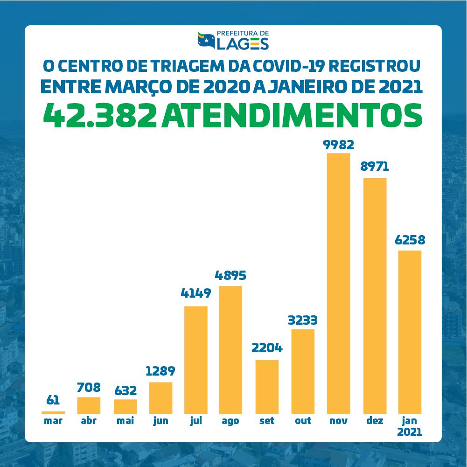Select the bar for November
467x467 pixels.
point(338,283)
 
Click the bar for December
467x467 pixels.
point(375,296)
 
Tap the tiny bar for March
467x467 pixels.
point(53,412)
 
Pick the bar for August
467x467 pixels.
point(230,349)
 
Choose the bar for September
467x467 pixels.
point(267,387)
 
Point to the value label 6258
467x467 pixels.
point(409,241)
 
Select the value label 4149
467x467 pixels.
point(196,293)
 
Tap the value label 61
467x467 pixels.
point(53,400)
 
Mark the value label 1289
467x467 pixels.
point(160,371)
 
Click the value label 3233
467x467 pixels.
point(302,321)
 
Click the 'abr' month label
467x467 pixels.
point(89,421)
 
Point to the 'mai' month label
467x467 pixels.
point(125,421)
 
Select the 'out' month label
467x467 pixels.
point(303,421)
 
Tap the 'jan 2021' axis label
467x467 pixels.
point(409,426)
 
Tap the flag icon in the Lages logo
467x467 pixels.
point(205,41)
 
